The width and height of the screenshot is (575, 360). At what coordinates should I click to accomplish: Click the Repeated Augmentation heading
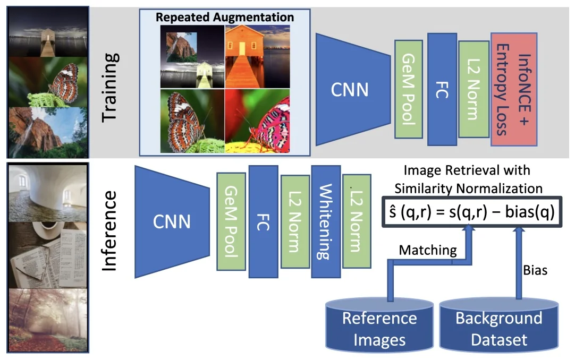pos(225,17)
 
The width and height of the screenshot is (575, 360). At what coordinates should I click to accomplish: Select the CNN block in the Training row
pos(349,89)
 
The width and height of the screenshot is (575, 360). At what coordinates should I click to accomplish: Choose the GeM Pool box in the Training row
pos(409,89)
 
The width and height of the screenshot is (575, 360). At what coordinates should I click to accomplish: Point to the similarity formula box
pos(470,212)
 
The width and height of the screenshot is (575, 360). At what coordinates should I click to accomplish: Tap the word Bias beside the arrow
pos(535,270)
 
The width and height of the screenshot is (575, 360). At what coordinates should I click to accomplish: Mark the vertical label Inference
pos(109,231)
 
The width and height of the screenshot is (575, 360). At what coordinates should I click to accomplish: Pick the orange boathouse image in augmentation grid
pos(257,56)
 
